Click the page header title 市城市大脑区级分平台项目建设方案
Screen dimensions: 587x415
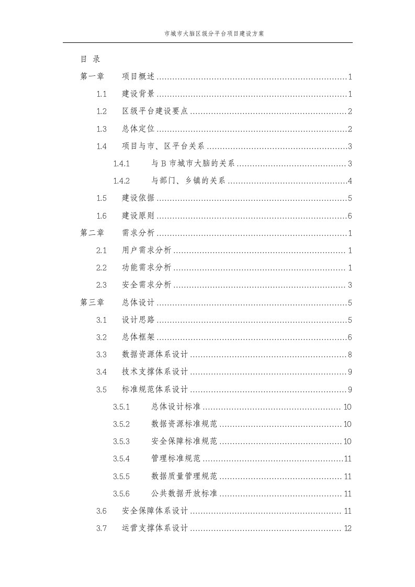click(207, 33)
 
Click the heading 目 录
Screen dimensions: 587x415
click(90, 59)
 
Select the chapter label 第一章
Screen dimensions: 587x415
click(92, 77)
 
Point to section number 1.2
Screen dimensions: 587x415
click(102, 111)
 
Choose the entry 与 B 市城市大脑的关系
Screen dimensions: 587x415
click(193, 164)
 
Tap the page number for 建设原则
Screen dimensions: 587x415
click(350, 216)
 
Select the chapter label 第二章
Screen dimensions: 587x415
click(92, 233)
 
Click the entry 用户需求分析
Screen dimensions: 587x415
click(147, 251)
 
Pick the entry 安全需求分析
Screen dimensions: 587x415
click(147, 285)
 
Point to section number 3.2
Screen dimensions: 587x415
click(102, 337)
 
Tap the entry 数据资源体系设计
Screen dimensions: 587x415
click(154, 355)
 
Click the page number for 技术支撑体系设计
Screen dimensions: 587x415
click(350, 372)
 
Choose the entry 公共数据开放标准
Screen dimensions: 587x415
click(184, 493)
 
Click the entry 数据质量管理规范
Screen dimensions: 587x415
click(184, 476)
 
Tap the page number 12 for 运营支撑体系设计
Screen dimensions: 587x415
click(347, 528)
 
